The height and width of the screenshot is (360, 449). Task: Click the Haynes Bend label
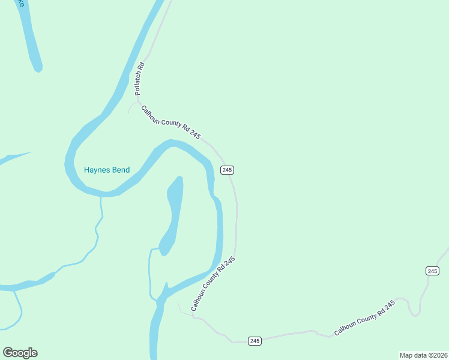(x=107, y=170)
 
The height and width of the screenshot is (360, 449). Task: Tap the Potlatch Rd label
(x=139, y=79)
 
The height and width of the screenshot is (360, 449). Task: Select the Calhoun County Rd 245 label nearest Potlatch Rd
(x=170, y=122)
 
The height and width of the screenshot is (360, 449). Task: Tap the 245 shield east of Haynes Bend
(x=227, y=170)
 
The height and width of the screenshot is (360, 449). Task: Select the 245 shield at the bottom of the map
(x=255, y=341)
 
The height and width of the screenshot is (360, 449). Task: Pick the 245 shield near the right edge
(x=432, y=271)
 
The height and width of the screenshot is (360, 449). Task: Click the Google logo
(x=20, y=352)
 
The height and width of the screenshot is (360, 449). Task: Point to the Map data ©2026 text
(x=423, y=355)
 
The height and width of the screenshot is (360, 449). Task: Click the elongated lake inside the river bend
(x=172, y=213)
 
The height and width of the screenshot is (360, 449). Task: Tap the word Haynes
(x=97, y=170)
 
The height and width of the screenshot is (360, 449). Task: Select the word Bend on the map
(x=121, y=170)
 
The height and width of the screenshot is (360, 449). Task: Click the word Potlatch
(x=138, y=83)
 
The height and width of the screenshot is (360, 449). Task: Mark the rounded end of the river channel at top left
(x=37, y=66)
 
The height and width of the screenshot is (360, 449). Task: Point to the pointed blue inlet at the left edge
(x=15, y=157)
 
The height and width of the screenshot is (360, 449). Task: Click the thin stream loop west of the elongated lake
(x=149, y=273)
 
